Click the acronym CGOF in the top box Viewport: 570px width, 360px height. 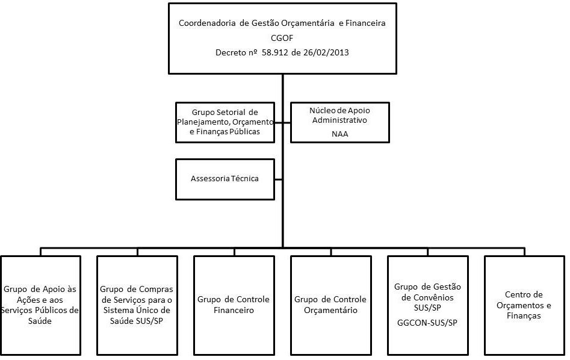(x=282, y=38)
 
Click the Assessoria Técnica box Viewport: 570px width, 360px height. (x=225, y=179)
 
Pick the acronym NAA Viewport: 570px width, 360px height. (x=339, y=134)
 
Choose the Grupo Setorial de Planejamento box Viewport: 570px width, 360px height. (x=225, y=122)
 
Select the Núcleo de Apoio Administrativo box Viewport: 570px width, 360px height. (x=339, y=122)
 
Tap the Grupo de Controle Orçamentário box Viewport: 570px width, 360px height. (x=330, y=305)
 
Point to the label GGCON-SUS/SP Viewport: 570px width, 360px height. (x=427, y=323)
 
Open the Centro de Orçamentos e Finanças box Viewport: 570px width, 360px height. (x=524, y=305)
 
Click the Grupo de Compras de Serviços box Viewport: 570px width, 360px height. (x=137, y=305)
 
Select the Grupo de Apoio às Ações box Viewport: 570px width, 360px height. (x=40, y=305)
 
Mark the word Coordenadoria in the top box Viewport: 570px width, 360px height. (x=206, y=23)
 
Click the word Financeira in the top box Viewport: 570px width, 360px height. (x=363, y=23)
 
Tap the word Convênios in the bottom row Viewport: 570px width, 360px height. (x=427, y=297)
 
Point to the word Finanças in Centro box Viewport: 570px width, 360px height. (x=524, y=315)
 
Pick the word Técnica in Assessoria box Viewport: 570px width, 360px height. (x=244, y=179)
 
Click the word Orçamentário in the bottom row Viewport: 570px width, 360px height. (x=330, y=311)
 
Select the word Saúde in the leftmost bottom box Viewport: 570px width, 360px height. (x=40, y=321)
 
